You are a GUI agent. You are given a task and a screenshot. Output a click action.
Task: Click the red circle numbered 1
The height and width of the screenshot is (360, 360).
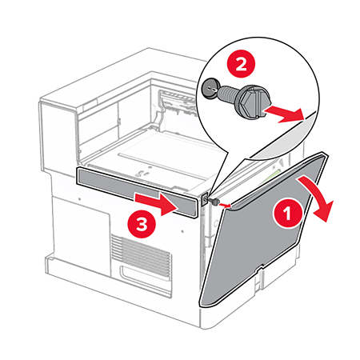tap(287, 213)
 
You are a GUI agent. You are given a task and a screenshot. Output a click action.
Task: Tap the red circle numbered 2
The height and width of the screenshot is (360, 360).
tap(241, 64)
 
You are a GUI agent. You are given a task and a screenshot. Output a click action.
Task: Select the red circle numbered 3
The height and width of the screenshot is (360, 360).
tap(142, 224)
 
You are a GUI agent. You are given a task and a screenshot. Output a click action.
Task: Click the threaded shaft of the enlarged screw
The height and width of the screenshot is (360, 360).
tap(229, 94)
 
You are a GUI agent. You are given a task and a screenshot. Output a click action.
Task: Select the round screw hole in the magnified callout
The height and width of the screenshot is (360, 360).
tap(210, 89)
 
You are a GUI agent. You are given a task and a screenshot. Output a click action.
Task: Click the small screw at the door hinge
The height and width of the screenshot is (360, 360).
tap(214, 202)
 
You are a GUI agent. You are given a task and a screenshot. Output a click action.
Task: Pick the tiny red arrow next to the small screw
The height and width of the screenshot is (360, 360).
tap(225, 206)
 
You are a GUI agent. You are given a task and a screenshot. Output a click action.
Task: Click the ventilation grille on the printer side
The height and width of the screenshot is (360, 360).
tap(141, 253)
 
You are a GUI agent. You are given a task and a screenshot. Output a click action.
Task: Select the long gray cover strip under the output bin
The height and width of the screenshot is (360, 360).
tap(138, 192)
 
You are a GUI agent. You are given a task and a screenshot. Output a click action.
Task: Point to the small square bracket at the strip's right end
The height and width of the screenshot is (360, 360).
tap(205, 199)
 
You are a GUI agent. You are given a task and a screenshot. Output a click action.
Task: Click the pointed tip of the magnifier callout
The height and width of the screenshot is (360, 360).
tap(210, 196)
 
